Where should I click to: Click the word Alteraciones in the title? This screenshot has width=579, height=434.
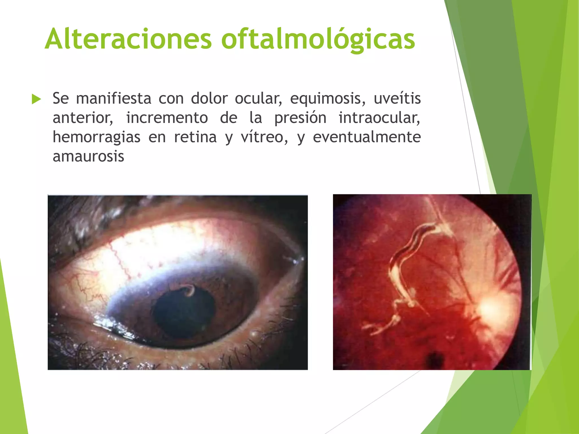128,39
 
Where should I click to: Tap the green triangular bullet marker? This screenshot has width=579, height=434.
36,99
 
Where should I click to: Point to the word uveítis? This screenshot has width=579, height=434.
397,98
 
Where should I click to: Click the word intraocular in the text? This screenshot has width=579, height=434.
379,118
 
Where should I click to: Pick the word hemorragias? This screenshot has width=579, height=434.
96,137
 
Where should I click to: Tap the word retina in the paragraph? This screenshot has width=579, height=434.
195,137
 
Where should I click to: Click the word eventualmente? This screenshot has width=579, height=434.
367,137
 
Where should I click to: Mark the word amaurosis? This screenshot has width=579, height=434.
88,156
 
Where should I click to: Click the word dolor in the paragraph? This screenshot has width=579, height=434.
209,98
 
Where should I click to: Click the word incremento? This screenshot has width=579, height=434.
167,118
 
